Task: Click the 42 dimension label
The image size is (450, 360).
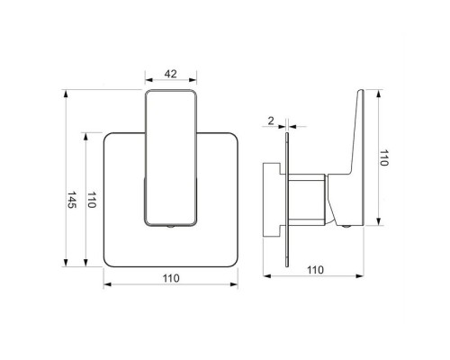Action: point(171,74)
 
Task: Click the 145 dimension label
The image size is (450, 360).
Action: point(72,200)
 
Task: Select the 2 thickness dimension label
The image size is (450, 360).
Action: point(271,121)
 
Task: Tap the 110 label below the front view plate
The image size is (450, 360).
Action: point(171,278)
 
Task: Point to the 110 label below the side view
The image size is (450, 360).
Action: point(315,270)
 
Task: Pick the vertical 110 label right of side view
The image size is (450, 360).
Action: point(383,157)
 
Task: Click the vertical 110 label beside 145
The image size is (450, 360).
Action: point(91,200)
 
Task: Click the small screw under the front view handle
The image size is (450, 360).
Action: point(170,226)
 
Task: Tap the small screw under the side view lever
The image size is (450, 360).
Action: point(346,227)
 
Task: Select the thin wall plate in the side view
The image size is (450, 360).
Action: point(287,200)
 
